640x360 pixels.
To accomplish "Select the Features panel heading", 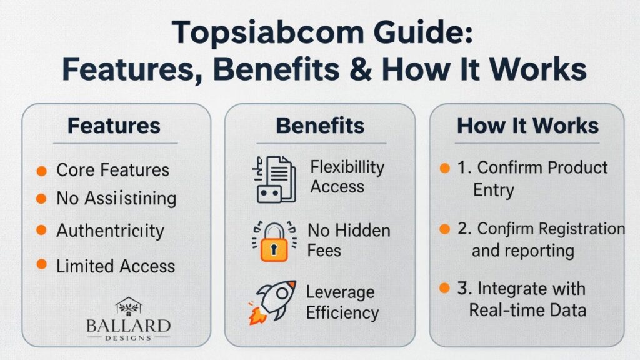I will point(114,126).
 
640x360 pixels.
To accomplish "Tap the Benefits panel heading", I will point(320,126).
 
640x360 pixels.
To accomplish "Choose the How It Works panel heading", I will point(527,126).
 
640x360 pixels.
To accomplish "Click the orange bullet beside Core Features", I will point(41,170).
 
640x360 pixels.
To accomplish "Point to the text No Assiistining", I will point(116,199).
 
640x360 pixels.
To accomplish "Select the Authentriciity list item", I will point(110,231).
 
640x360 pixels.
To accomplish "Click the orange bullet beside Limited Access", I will point(41,265).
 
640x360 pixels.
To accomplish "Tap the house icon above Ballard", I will point(129,306).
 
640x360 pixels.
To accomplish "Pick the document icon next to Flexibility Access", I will point(274,179).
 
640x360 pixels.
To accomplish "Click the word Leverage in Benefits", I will point(341,292).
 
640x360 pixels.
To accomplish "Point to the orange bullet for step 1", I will point(445,169).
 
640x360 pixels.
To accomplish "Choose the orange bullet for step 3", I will point(445,288).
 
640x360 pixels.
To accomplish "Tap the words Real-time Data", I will point(527,310).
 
